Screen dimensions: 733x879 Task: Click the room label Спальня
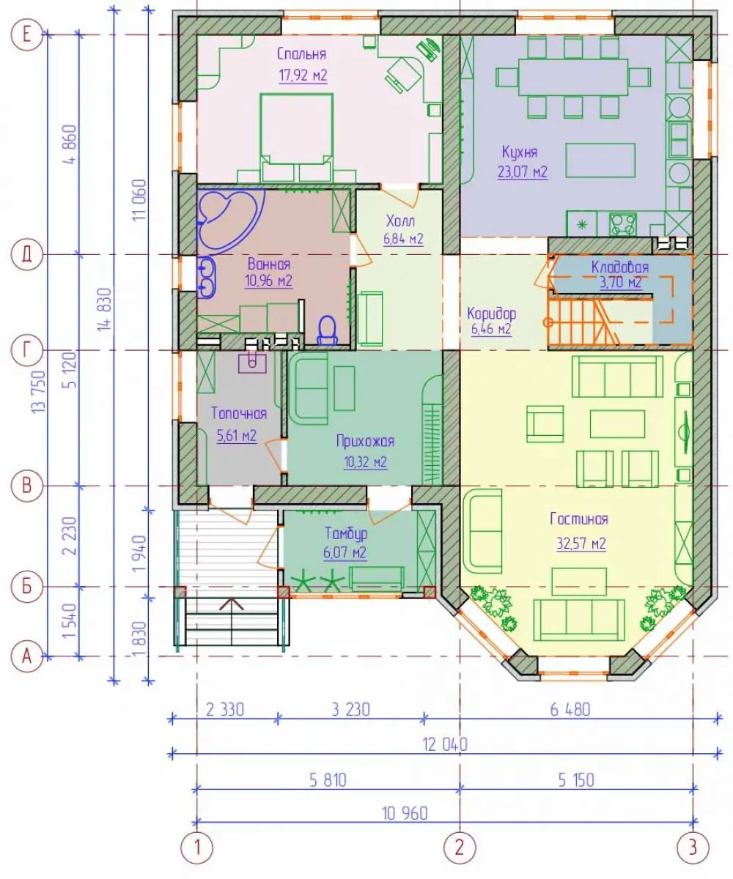tap(301, 54)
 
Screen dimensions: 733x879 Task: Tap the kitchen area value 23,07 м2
tap(523, 171)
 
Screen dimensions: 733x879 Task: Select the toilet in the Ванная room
tap(328, 330)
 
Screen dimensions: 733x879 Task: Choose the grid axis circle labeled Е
tap(26, 34)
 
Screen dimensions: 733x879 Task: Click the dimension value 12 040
tap(444, 744)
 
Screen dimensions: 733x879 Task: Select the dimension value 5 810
tap(328, 780)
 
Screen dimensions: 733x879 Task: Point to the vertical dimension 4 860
tap(72, 144)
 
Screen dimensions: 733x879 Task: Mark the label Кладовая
tap(619, 267)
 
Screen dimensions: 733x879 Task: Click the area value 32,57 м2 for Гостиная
tap(581, 544)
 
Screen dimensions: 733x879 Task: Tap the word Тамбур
tap(346, 533)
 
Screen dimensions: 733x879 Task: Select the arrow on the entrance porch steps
tap(232, 604)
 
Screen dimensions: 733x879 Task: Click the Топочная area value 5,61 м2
tap(236, 436)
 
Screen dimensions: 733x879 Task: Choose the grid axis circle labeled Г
tap(26, 350)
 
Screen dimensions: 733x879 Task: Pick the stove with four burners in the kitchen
tap(622, 224)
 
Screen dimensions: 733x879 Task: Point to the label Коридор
tap(492, 314)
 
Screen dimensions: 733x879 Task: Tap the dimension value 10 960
tap(405, 813)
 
